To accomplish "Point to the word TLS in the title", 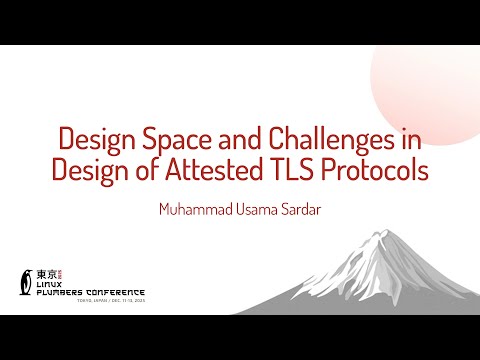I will click(294, 171).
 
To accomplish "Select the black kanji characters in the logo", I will click(45, 273).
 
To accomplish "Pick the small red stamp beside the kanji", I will click(59, 273).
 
